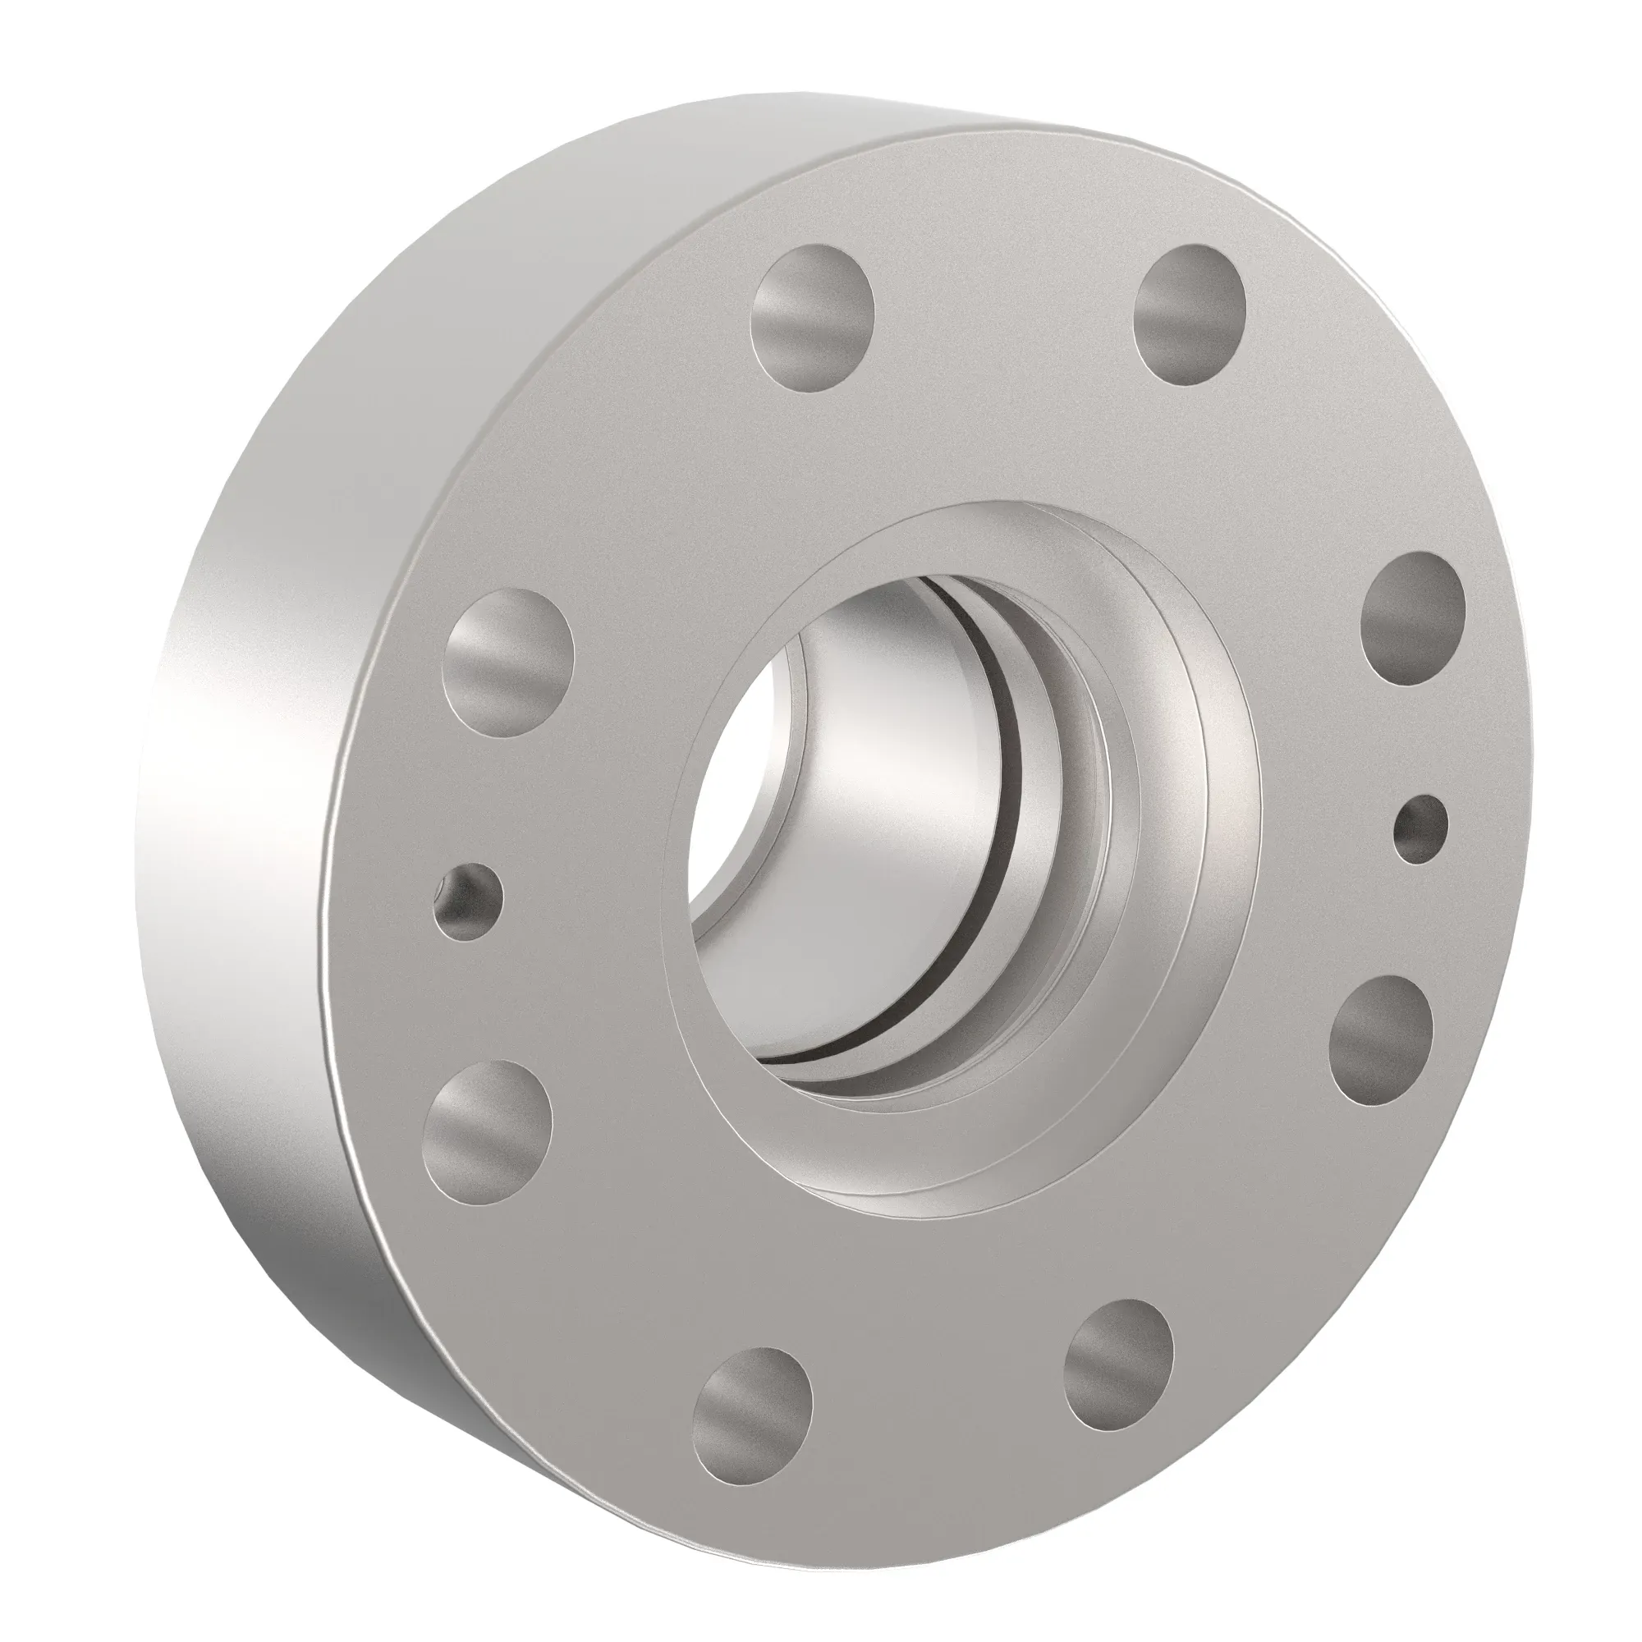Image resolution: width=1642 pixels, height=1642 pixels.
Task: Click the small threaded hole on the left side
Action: tap(466, 901)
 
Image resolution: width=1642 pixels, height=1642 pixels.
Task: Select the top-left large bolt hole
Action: tap(816, 318)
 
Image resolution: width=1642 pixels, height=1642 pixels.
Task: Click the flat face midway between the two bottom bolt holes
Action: tap(935, 1394)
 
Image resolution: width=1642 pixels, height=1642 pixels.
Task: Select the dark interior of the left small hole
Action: tap(466, 892)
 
